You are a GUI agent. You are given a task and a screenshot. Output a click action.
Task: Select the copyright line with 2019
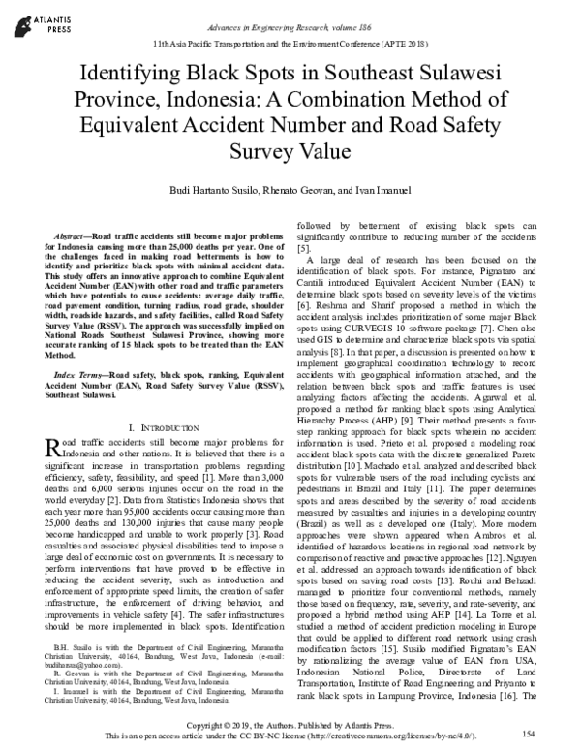coord(291,725)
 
